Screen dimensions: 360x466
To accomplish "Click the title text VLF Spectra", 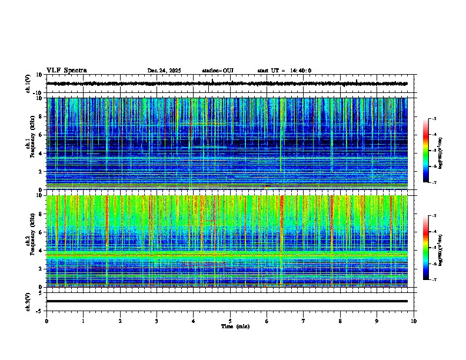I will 66,71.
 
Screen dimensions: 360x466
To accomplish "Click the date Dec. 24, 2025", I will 164,71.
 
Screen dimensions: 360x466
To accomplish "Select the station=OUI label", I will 218,71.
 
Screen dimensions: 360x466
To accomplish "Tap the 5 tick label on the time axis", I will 230,321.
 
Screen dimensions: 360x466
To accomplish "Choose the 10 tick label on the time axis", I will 414,321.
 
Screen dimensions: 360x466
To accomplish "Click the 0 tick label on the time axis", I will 46,321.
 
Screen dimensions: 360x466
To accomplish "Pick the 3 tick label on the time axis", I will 157,321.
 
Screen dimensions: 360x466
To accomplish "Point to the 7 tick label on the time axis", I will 304,321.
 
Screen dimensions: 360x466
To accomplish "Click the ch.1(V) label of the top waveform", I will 28,84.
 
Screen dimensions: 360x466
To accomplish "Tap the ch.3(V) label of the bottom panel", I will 28,301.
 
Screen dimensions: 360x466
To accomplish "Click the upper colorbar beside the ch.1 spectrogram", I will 431,151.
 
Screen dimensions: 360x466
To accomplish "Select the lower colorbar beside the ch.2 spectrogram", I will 431,248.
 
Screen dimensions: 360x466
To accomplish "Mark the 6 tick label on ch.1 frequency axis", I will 42,135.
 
